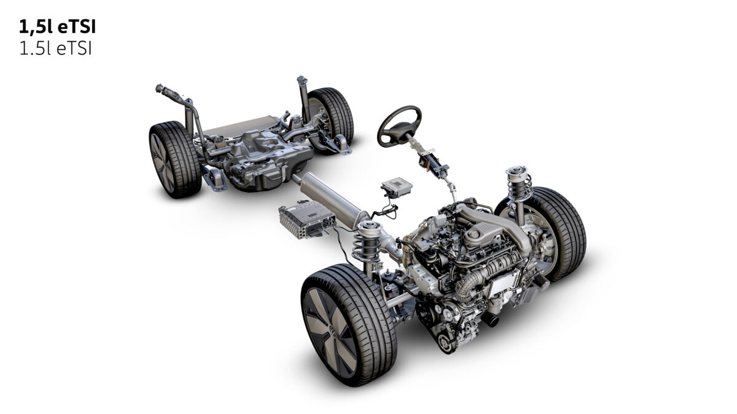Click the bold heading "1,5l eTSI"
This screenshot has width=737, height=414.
(57, 27)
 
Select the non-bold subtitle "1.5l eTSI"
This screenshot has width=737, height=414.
(55, 49)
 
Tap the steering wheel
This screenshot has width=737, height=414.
(399, 125)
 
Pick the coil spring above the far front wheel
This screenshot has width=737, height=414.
(519, 181)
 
